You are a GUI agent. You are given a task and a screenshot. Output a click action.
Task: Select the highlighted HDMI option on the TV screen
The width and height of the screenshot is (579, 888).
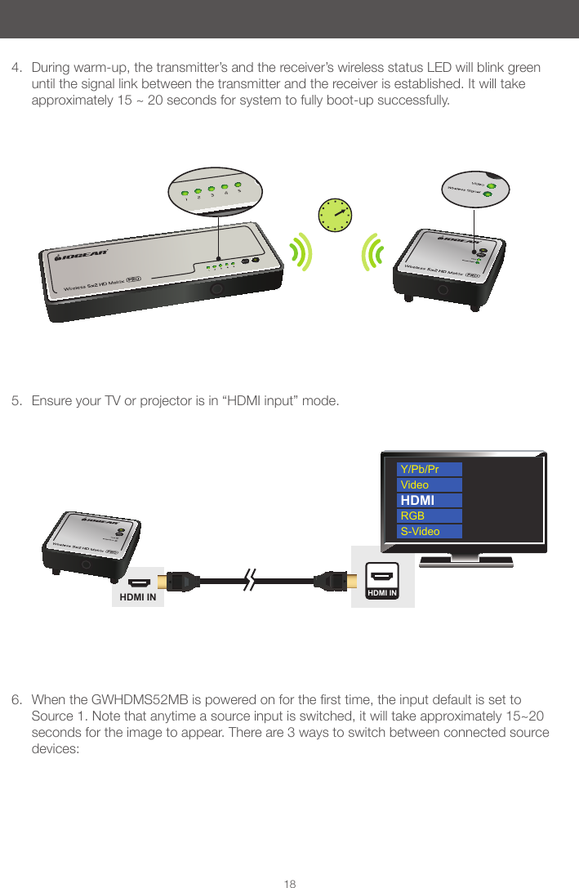pyautogui.click(x=430, y=500)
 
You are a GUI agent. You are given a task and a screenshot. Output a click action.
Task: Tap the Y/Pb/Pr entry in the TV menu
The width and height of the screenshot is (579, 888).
pyautogui.click(x=430, y=469)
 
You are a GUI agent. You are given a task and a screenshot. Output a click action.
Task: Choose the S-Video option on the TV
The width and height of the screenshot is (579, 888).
pyautogui.click(x=430, y=531)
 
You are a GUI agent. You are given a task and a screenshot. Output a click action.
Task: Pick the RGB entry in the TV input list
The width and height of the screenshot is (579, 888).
pyautogui.click(x=430, y=515)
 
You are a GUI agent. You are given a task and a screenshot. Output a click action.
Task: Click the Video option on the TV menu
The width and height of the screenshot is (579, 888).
pyautogui.click(x=430, y=484)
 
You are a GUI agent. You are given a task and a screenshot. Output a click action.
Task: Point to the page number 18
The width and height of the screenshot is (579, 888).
pyautogui.click(x=289, y=877)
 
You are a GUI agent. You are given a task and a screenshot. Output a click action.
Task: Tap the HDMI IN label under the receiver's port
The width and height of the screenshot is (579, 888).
pyautogui.click(x=139, y=599)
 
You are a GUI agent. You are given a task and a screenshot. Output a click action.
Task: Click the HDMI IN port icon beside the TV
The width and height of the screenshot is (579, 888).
pyautogui.click(x=382, y=579)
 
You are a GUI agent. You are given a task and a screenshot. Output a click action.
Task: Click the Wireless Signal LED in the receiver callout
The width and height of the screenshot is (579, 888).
pyautogui.click(x=488, y=194)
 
